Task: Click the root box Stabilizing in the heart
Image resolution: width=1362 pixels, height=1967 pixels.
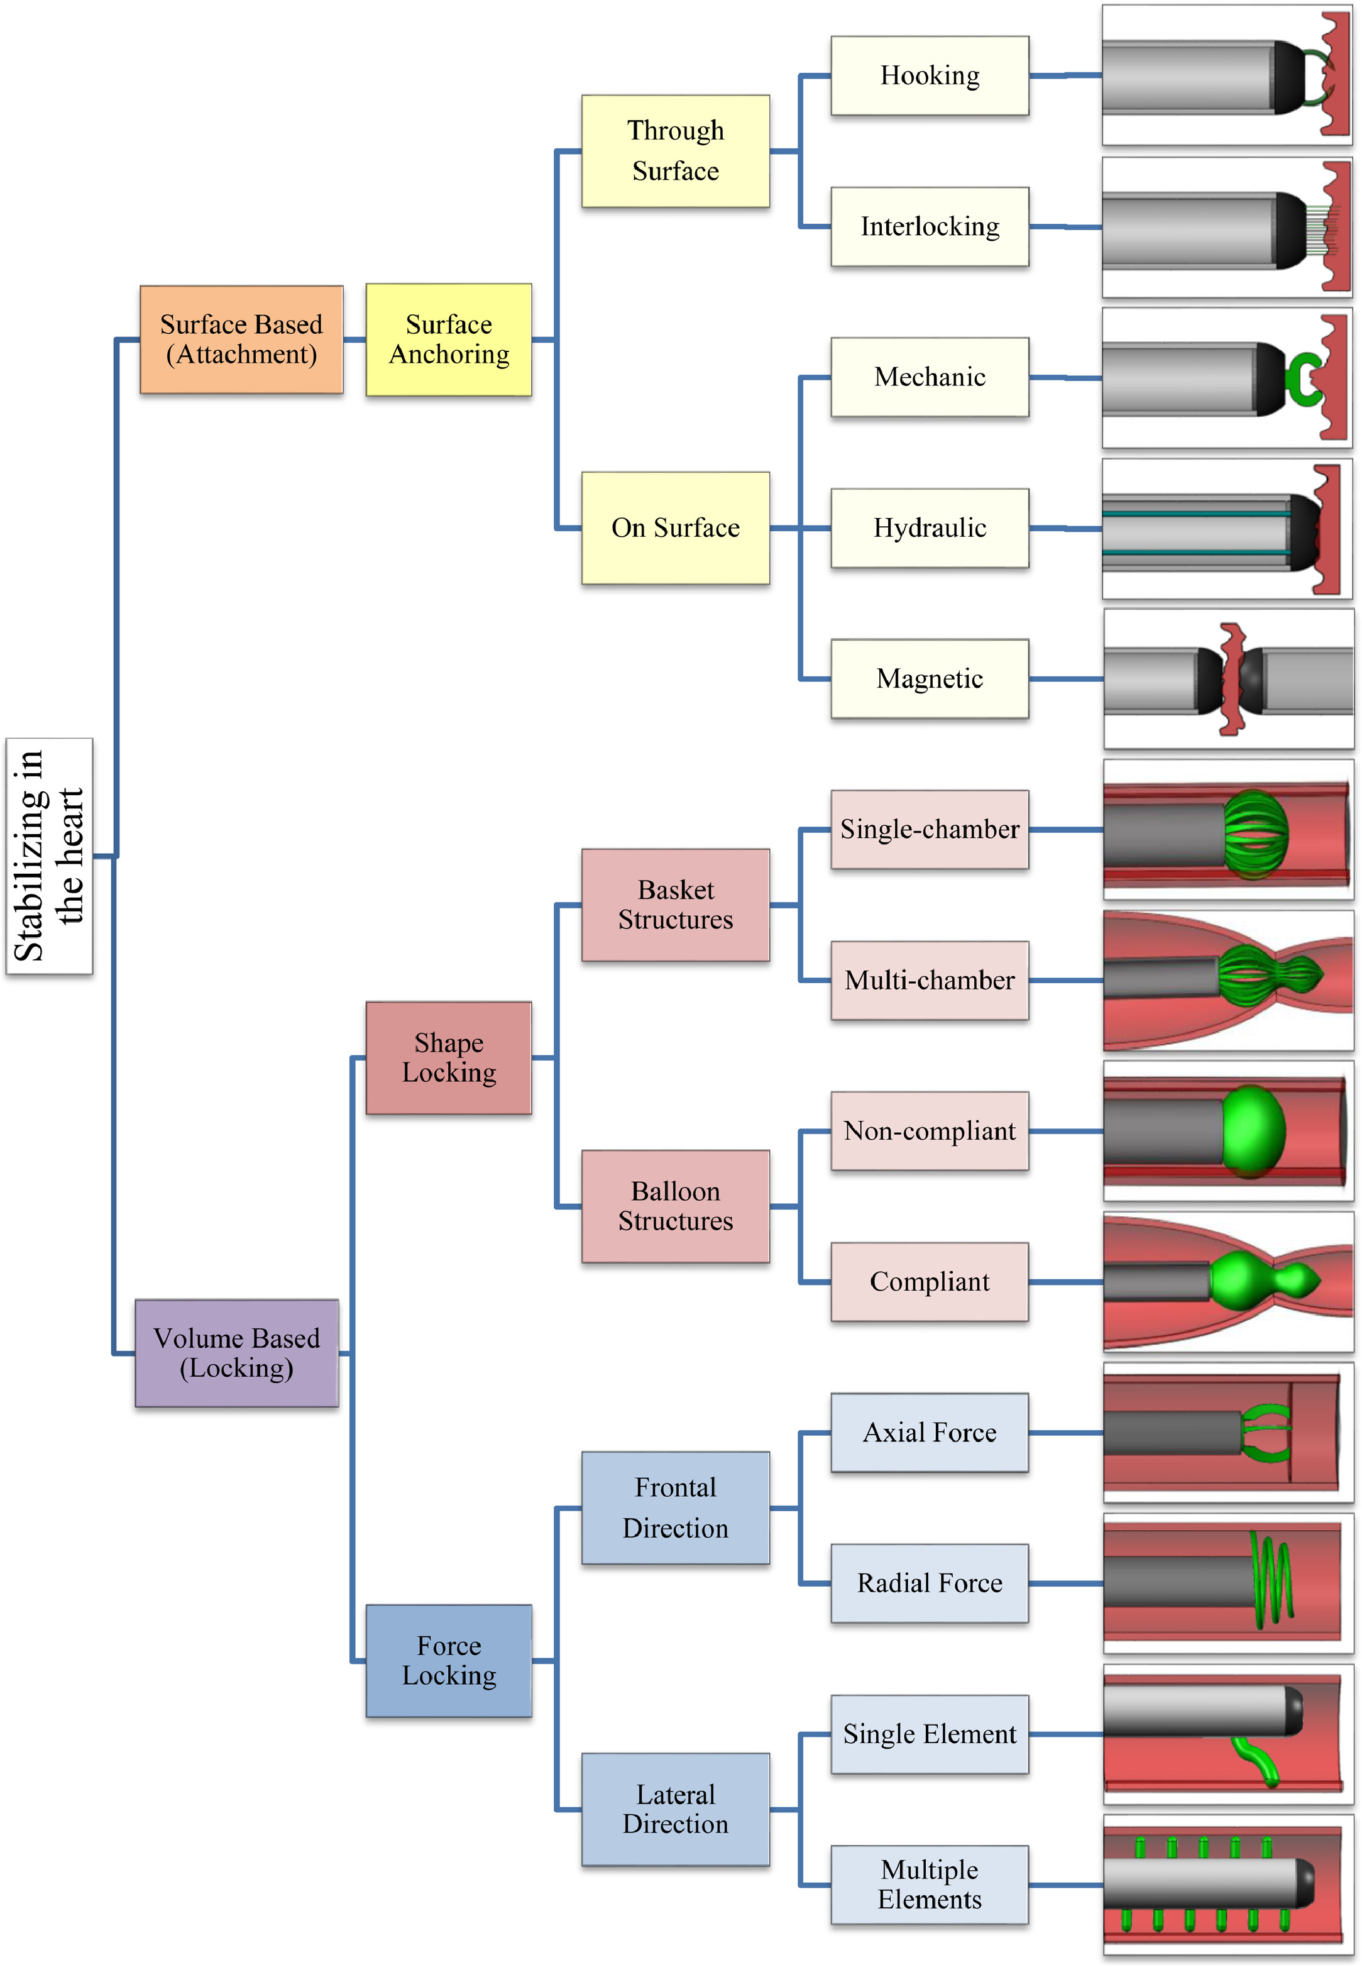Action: pos(48,856)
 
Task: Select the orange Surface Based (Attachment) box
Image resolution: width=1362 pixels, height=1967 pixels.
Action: pos(241,339)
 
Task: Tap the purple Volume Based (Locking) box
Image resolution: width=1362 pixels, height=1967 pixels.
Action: pos(236,1353)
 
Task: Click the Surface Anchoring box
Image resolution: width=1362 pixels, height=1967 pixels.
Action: pos(449,339)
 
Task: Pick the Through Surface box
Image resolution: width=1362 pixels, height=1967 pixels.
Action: pos(675,151)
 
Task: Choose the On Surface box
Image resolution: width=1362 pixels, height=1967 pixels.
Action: pos(675,527)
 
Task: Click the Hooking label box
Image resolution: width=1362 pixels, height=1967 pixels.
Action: pos(930,76)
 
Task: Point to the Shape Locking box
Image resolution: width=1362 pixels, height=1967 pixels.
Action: pos(449,1057)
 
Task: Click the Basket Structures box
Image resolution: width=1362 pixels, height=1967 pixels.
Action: pos(675,905)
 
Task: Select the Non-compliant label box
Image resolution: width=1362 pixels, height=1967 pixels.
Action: pos(930,1131)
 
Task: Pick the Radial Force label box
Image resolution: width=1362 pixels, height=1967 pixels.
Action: pos(930,1583)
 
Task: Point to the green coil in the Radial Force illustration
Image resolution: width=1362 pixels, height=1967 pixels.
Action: pos(1271,1580)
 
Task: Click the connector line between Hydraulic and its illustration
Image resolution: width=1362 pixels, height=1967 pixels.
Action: pos(1065,528)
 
